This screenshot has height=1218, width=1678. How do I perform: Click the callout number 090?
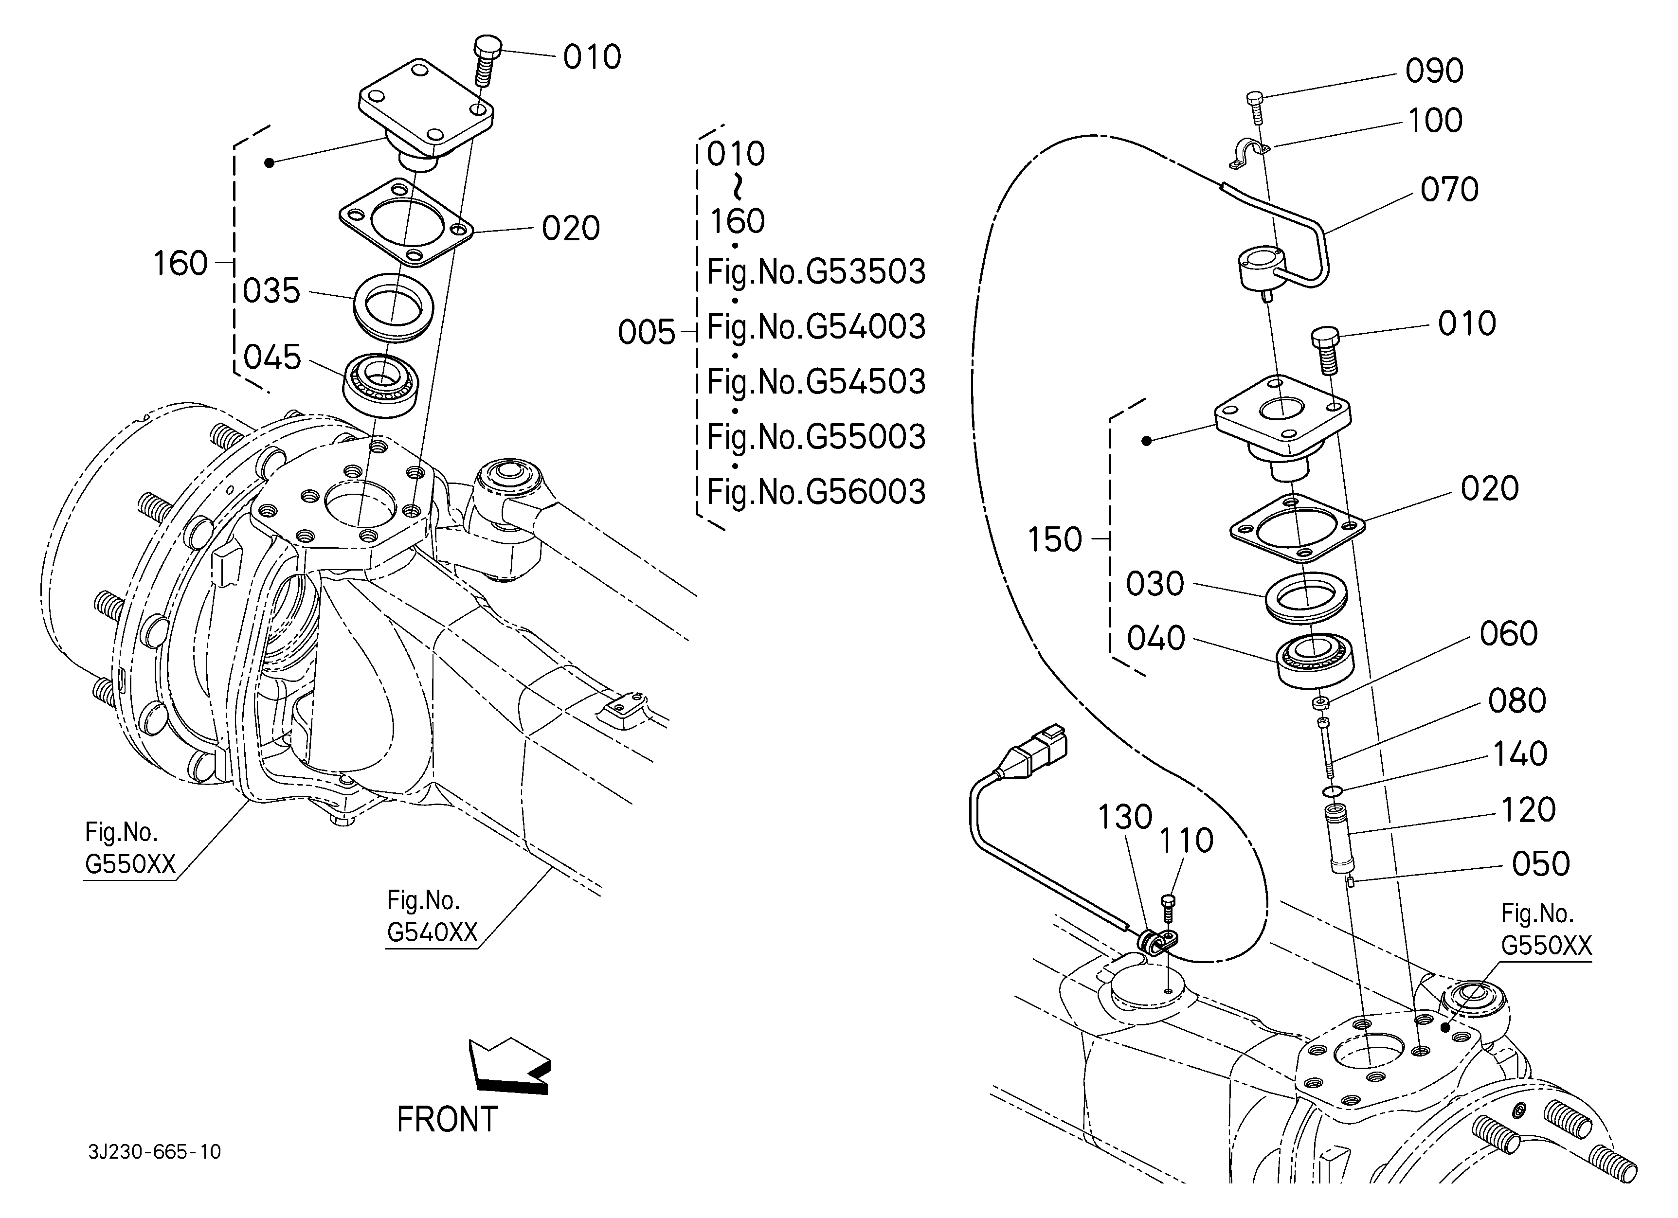pos(1434,71)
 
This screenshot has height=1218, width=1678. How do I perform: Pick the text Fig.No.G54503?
pos(816,382)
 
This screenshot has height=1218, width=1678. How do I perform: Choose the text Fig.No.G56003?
pos(816,492)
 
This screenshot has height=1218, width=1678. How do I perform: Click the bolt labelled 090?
pos(1256,108)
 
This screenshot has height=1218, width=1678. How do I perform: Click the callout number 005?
pos(646,333)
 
